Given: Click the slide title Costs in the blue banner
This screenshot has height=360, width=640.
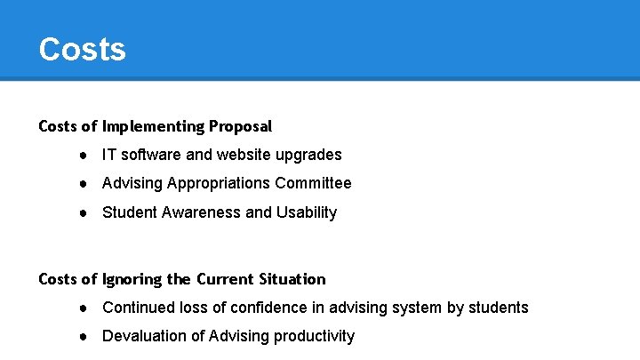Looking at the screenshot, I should pyautogui.click(x=82, y=49).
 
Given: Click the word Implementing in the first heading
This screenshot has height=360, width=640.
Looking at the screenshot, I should pyautogui.click(x=151, y=126).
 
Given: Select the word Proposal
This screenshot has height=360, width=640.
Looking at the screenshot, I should pyautogui.click(x=239, y=126).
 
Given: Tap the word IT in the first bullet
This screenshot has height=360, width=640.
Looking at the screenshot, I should pyautogui.click(x=108, y=155).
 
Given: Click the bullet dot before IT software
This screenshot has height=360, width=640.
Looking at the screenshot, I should pyautogui.click(x=82, y=155).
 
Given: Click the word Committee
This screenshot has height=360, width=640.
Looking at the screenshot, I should pyautogui.click(x=313, y=183).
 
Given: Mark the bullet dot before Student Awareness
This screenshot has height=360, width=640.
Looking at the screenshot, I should pyautogui.click(x=82, y=212).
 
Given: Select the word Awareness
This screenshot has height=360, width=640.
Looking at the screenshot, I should pyautogui.click(x=201, y=212).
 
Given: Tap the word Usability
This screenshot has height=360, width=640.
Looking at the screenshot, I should pyautogui.click(x=306, y=212).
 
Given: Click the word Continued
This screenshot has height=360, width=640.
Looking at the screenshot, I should pyautogui.click(x=136, y=308).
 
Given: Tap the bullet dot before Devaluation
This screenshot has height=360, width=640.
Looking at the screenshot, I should pyautogui.click(x=82, y=336).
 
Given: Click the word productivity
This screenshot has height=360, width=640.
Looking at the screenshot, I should pyautogui.click(x=311, y=336).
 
